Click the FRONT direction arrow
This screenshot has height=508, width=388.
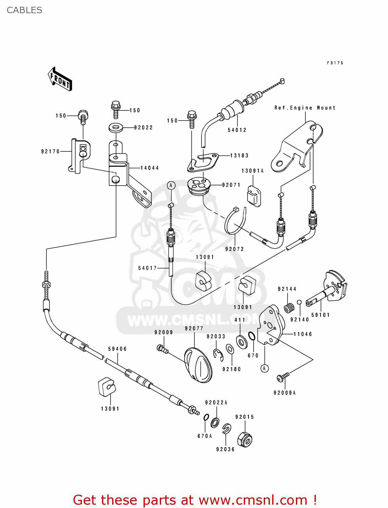click(x=60, y=79)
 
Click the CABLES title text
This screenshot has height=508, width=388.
click(x=24, y=10)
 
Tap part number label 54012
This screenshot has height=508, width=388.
click(x=237, y=130)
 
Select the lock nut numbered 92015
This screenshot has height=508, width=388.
click(x=245, y=440)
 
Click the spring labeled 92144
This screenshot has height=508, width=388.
click(x=289, y=308)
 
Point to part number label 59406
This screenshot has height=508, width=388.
click(x=117, y=349)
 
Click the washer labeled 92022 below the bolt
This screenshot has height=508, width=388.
click(x=116, y=128)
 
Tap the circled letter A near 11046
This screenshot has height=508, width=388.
click(x=264, y=368)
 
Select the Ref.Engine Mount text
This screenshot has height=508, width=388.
click(x=305, y=108)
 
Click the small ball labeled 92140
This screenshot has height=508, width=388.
click(x=299, y=302)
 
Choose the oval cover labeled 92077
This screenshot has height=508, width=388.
click(x=198, y=366)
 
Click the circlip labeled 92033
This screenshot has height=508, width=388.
click(x=218, y=354)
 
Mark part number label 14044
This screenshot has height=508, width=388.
click(x=150, y=168)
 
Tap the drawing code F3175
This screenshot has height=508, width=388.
click(x=335, y=63)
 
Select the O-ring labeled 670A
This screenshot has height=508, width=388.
click(x=206, y=417)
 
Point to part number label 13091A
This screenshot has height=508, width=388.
click(x=252, y=171)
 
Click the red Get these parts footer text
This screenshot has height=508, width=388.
click(x=195, y=500)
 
